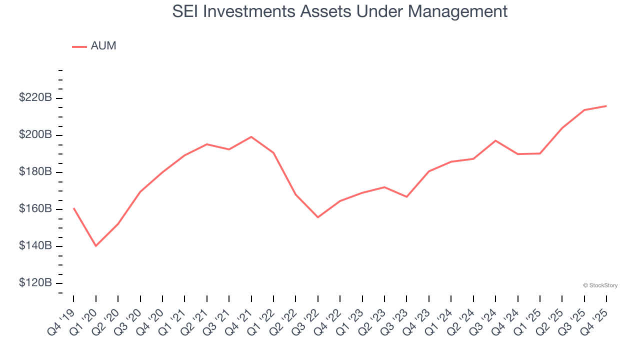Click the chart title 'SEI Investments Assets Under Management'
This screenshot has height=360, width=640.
tap(340, 11)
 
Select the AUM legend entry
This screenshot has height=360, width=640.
tap(94, 46)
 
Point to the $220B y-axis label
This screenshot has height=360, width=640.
tap(35, 98)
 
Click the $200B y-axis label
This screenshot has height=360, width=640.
tap(35, 135)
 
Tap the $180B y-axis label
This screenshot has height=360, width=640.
tap(35, 172)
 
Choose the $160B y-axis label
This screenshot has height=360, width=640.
tap(35, 209)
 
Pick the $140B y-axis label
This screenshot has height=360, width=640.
tap(35, 246)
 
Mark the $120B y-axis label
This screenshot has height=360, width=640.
tap(35, 283)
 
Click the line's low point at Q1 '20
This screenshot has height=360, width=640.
tap(95, 246)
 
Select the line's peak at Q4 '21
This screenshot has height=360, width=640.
tap(251, 136)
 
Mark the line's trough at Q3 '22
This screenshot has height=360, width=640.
tap(317, 217)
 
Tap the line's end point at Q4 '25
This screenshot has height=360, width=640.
tap(606, 106)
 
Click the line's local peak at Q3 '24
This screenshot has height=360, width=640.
tap(495, 140)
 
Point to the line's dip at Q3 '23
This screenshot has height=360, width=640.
tap(406, 196)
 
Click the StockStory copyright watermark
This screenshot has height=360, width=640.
tap(600, 285)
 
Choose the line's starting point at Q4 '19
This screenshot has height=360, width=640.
tap(73, 208)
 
